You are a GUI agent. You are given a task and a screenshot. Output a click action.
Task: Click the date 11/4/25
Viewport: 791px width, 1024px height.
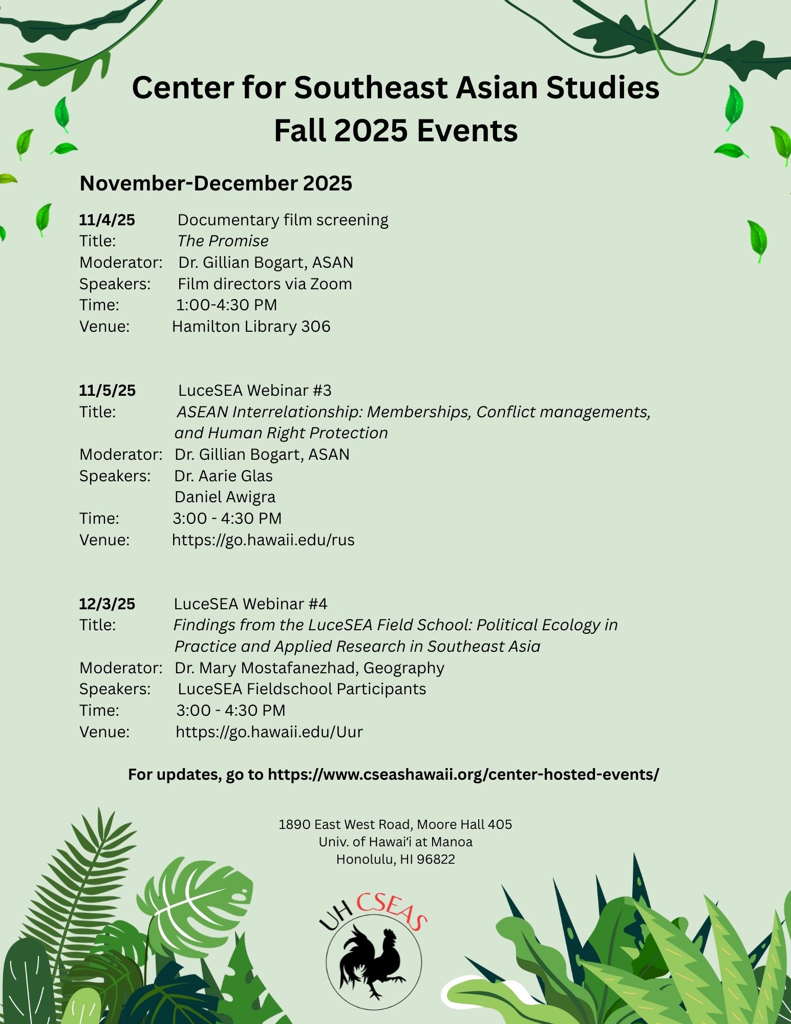107,220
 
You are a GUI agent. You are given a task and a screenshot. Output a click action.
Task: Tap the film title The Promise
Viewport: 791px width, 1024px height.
223,241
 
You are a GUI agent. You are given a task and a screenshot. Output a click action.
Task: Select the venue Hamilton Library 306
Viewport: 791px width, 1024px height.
251,327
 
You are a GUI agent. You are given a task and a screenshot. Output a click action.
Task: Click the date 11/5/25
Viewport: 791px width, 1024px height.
107,391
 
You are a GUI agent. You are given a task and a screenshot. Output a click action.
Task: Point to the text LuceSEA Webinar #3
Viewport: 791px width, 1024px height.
254,391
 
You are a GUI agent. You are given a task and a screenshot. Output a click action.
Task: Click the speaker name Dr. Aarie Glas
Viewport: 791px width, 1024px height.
223,476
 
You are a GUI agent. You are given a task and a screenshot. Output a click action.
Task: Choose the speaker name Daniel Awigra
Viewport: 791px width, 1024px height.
225,497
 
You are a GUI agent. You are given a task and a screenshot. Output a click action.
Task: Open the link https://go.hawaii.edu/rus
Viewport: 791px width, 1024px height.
263,540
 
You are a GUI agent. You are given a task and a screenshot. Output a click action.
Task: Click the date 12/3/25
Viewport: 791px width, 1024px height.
107,604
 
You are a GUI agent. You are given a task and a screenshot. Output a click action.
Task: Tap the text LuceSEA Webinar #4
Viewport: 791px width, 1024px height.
250,604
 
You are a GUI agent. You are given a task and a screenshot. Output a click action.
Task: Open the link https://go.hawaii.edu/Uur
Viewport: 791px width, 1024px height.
269,732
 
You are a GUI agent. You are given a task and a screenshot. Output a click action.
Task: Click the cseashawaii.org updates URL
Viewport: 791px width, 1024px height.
463,775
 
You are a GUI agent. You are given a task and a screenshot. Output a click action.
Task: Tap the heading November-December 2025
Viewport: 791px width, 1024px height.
216,184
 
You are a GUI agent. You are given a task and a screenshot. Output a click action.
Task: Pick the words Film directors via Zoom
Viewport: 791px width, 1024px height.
265,284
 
